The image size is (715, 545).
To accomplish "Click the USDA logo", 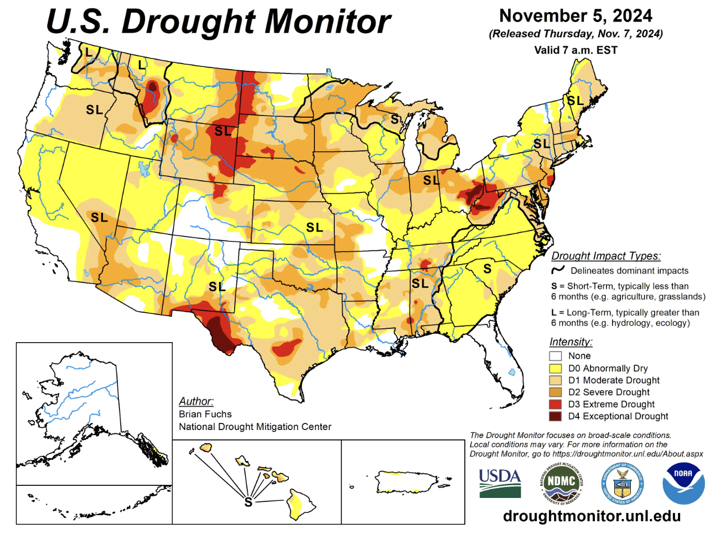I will click(500, 483).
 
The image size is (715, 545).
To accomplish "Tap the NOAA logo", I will click(683, 483).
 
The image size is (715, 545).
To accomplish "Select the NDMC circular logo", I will click(561, 483).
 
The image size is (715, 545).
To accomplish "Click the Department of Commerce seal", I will click(622, 483).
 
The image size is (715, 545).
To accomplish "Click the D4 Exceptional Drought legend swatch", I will click(555, 416).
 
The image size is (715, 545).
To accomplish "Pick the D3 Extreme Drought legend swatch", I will click(555, 404).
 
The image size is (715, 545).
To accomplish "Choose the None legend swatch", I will click(555, 356).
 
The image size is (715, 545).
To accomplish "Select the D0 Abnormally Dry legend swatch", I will click(555, 368).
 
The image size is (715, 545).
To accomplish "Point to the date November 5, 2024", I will click(576, 15).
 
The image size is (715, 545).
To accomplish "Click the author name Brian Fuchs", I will click(205, 414).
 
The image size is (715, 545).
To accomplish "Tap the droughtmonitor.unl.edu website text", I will click(592, 516).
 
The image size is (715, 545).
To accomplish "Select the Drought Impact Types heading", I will click(606, 256).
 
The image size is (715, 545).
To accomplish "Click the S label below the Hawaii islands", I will click(248, 502).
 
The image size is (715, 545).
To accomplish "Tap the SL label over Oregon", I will click(94, 110).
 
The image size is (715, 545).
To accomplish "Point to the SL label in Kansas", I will click(314, 227).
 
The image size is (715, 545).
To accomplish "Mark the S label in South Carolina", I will click(487, 269).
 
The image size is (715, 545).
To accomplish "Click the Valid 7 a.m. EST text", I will click(576, 50).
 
